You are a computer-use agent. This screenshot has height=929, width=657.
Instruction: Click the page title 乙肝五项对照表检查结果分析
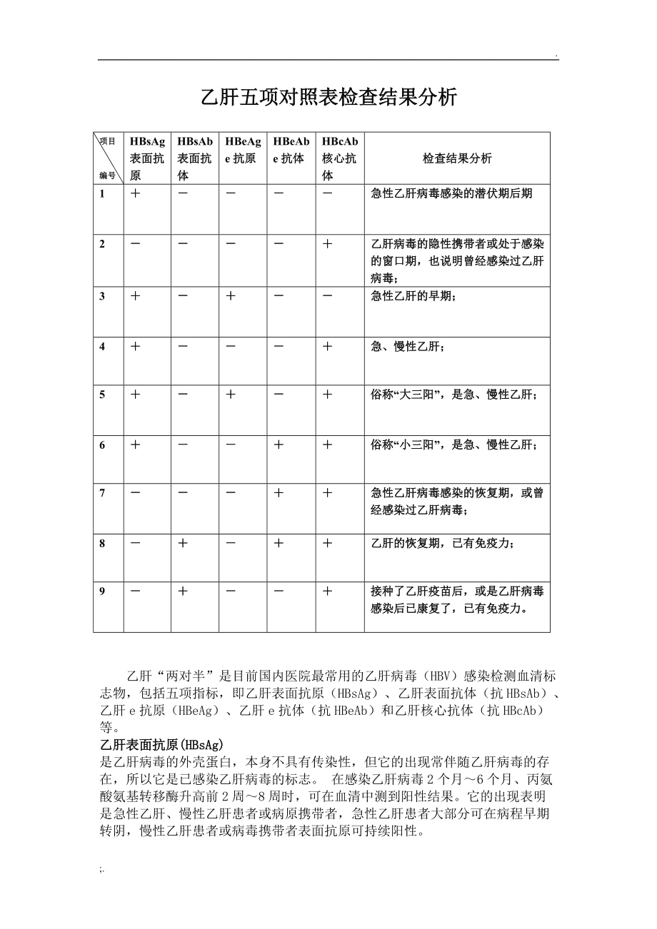(x=328, y=98)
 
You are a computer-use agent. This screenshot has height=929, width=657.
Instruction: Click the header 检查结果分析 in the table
(x=457, y=158)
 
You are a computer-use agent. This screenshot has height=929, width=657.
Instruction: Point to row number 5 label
(x=102, y=395)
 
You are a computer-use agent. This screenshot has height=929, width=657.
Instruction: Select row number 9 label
(x=102, y=592)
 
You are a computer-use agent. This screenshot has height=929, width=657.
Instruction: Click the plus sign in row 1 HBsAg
(x=135, y=193)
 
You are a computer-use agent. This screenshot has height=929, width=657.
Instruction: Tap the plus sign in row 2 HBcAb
(x=327, y=244)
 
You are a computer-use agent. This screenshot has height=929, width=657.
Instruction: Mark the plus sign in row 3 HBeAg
(x=231, y=296)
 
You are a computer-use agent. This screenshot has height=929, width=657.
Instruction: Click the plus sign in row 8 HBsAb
(x=183, y=544)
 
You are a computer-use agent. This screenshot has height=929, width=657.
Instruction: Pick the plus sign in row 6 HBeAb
(x=279, y=445)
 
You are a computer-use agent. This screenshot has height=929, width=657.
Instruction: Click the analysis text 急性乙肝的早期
(x=413, y=296)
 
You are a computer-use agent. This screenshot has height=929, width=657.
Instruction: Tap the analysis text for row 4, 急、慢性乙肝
(x=408, y=347)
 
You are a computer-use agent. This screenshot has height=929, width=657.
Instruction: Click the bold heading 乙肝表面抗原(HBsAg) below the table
(x=162, y=743)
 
